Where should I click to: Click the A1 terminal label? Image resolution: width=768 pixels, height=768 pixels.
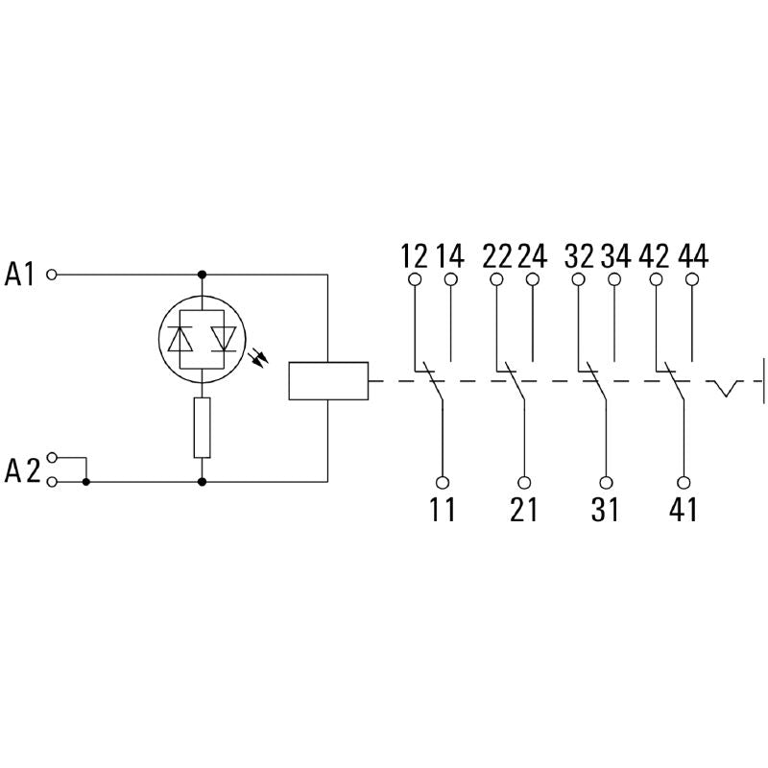click(20, 275)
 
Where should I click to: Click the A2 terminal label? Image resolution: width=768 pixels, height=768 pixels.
click(20, 469)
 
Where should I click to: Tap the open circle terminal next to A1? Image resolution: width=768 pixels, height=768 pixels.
click(53, 275)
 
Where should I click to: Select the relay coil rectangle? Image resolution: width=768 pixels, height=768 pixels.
click(328, 381)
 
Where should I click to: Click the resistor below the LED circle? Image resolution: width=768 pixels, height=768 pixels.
click(202, 427)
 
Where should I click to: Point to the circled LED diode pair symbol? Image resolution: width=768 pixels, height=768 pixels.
click(202, 337)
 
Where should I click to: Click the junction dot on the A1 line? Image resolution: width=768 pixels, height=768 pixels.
click(202, 275)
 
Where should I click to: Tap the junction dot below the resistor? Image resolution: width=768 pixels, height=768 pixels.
click(202, 481)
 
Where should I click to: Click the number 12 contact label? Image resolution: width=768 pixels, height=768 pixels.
click(414, 256)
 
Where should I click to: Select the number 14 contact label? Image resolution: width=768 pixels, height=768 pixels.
click(450, 256)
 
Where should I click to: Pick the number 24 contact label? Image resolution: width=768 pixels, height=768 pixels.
click(532, 256)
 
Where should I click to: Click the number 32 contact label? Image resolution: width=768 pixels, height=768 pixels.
click(579, 256)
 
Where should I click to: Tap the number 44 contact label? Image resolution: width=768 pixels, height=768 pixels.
click(693, 256)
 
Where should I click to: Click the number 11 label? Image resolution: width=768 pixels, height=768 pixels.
click(443, 511)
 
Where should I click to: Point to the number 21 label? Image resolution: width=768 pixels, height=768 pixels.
click(524, 511)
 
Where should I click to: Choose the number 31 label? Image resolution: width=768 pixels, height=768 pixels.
click(606, 511)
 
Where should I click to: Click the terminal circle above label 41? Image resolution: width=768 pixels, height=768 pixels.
click(684, 483)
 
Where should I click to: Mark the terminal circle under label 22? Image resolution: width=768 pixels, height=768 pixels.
click(496, 280)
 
